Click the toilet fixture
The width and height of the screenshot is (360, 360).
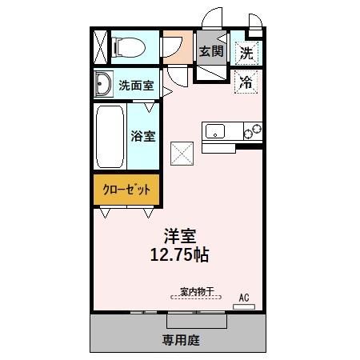pyautogui.click(x=128, y=47)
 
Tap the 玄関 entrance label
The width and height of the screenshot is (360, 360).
pyautogui.click(x=211, y=52)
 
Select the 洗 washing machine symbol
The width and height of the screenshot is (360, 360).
pyautogui.click(x=247, y=53)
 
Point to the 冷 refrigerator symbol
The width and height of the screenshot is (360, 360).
pyautogui.click(x=247, y=81)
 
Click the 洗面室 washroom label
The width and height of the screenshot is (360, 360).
pyautogui.click(x=136, y=84)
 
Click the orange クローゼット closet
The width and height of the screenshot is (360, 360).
pyautogui.click(x=127, y=190)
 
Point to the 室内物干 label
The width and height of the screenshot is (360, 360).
pyautogui.click(x=196, y=292)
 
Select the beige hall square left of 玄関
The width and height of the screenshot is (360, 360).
pyautogui.click(x=178, y=48)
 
